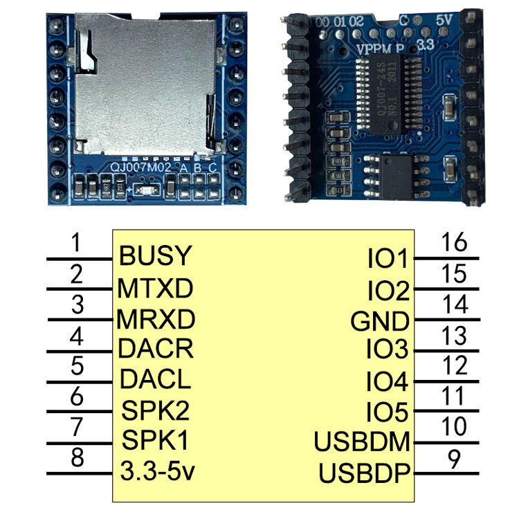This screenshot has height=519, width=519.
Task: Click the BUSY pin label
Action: pos(154,256)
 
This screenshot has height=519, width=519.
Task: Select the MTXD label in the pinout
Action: pos(155,286)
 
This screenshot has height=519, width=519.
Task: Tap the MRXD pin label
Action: pos(156,319)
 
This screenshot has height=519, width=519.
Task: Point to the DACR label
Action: pos(155,348)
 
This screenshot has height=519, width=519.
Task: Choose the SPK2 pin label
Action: pos(155,410)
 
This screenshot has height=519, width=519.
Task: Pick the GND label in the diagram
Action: pos(380,322)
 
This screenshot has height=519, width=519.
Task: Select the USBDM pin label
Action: pos(363,441)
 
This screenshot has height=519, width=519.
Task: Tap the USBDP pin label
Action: pos(365,474)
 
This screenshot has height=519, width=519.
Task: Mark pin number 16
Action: pos(455,243)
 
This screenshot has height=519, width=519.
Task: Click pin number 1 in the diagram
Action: pos(78,243)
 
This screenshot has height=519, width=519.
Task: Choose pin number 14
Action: pos(455,304)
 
